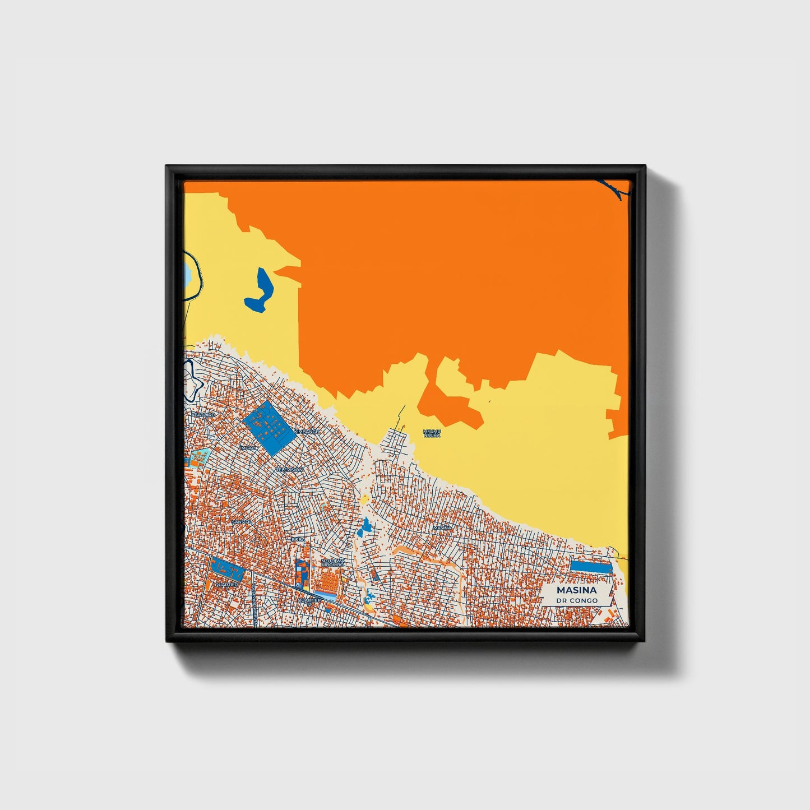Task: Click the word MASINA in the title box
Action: (x=576, y=590)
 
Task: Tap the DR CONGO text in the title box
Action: (x=577, y=600)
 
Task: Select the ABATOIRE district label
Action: (x=203, y=414)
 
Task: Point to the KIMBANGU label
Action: (x=307, y=432)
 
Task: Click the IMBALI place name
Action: (x=248, y=448)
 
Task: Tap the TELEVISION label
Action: (x=289, y=469)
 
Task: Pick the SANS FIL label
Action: (x=242, y=522)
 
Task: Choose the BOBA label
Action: (x=298, y=539)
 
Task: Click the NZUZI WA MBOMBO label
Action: (x=333, y=562)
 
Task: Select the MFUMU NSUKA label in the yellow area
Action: (x=432, y=433)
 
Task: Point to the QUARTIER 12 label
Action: (x=309, y=600)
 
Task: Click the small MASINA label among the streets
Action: (x=442, y=527)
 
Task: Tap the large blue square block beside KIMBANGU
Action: (x=268, y=428)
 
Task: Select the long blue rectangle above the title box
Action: (x=590, y=566)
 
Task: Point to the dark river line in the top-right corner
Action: (x=617, y=188)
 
